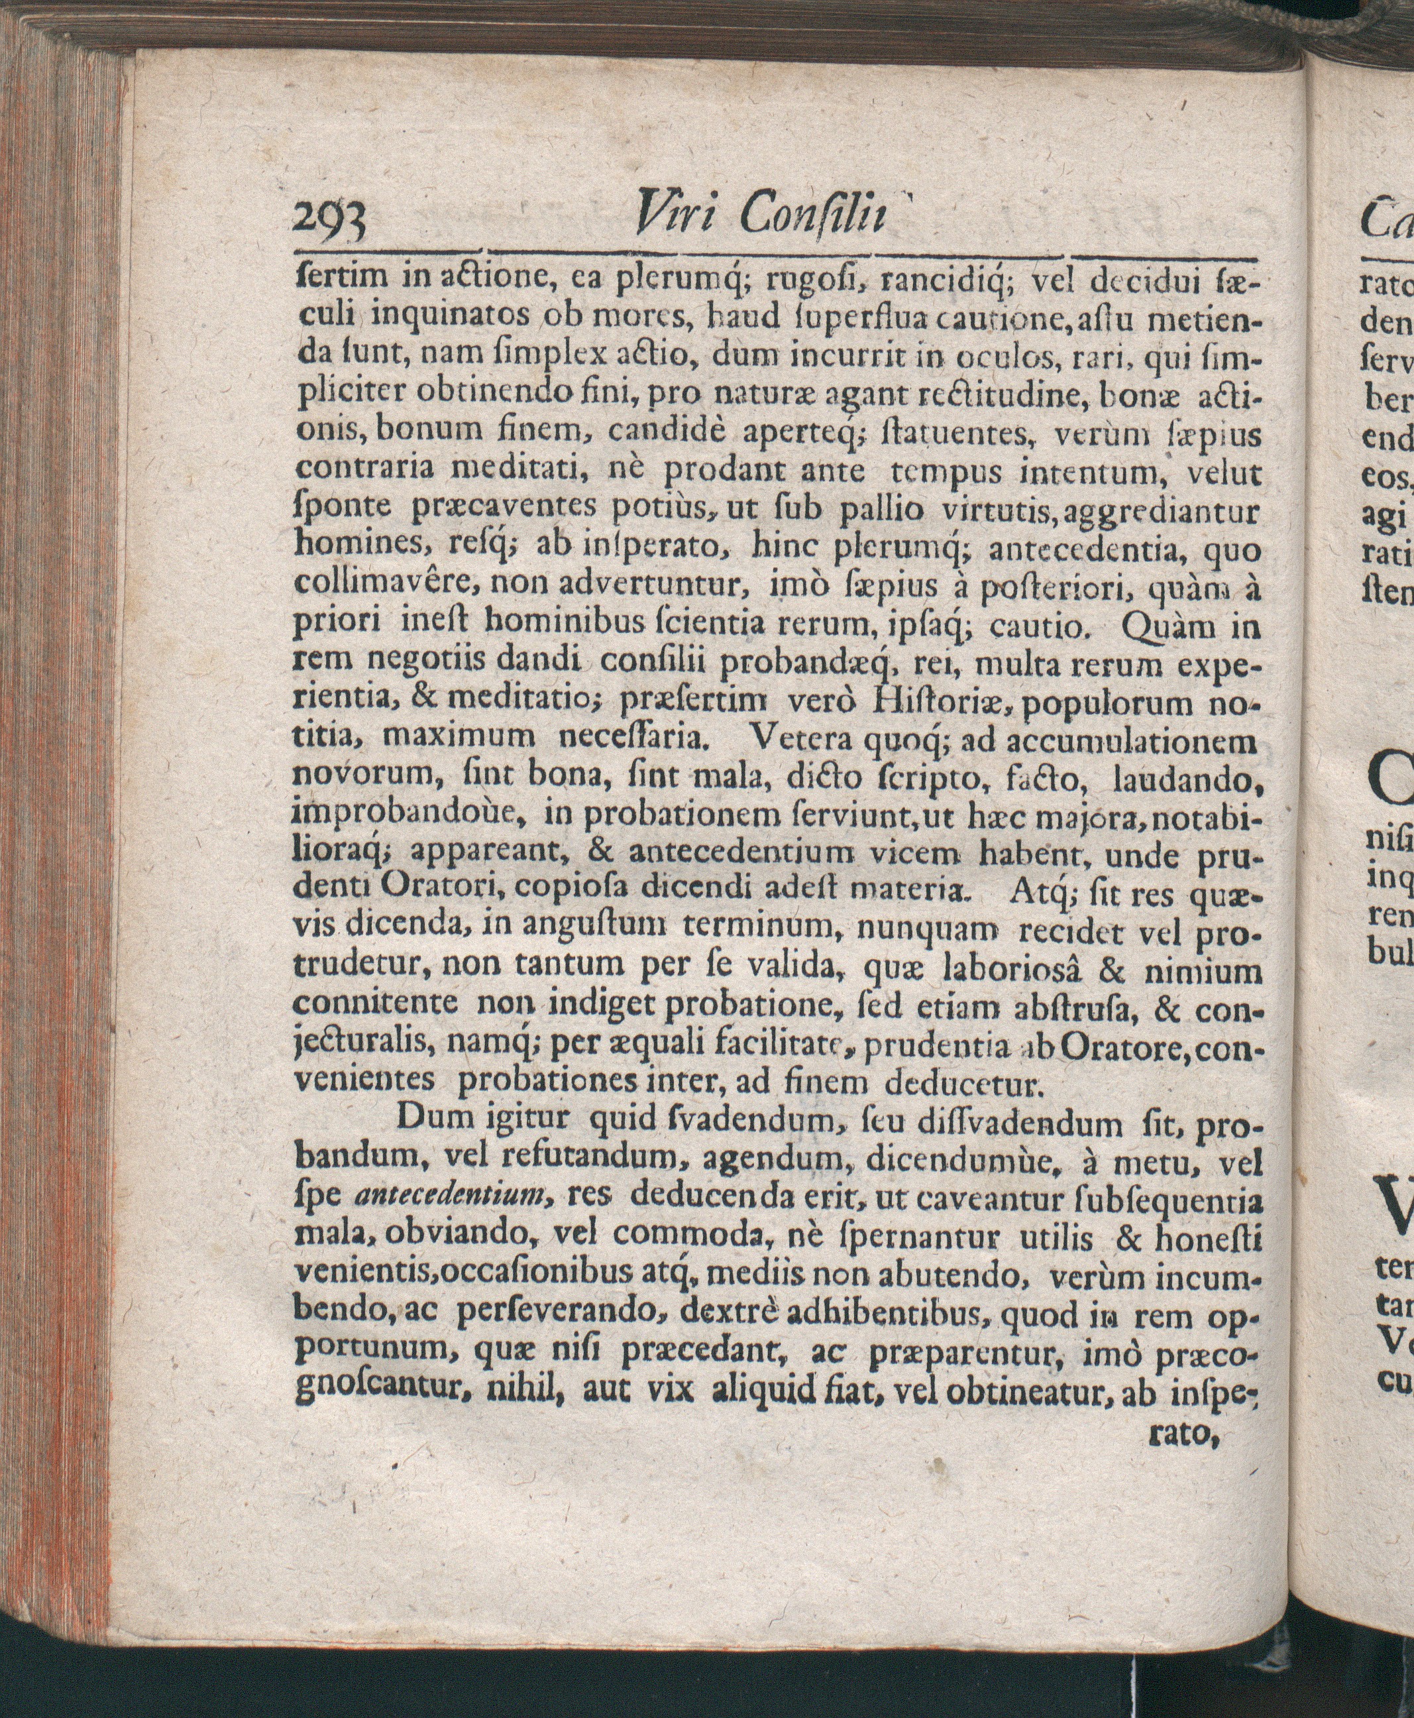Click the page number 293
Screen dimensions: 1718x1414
pos(331,221)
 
